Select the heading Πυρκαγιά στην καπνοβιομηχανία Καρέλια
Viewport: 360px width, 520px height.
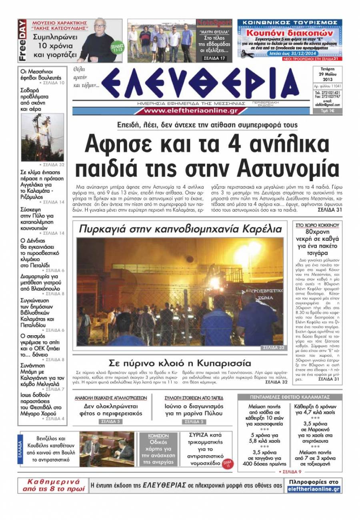(x=180, y=229)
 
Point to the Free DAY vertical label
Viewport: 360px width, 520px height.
(x=22, y=40)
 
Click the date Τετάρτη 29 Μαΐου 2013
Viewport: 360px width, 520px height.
(x=327, y=74)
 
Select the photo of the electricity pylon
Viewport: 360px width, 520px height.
(x=42, y=137)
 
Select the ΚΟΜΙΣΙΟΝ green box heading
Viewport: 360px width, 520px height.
(x=158, y=436)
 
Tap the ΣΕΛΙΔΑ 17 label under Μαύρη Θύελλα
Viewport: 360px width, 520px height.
(x=215, y=58)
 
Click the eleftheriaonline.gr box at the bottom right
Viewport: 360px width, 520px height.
(x=314, y=489)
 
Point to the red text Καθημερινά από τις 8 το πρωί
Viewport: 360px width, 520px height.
(x=53, y=485)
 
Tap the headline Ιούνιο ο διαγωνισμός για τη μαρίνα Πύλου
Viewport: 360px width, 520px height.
(x=194, y=410)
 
